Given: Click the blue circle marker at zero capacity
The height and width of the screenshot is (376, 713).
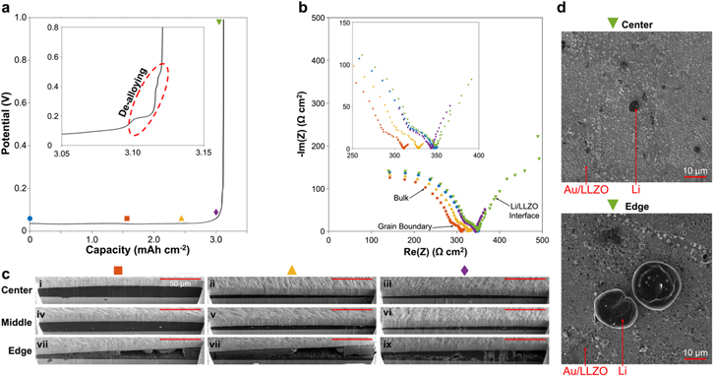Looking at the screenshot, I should click(x=30, y=218).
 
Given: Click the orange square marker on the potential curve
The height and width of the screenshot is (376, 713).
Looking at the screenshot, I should click(x=126, y=219).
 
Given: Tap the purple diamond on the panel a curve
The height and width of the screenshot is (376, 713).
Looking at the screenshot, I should click(x=216, y=212).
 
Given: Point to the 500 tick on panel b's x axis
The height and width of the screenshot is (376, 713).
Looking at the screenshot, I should click(x=540, y=240).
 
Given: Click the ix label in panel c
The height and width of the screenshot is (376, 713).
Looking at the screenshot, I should click(x=387, y=345).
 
